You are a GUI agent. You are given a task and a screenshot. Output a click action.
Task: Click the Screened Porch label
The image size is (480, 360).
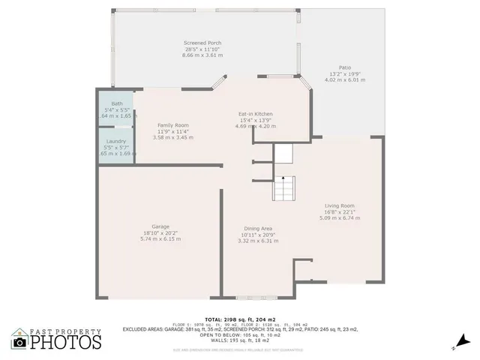(x=202, y=43)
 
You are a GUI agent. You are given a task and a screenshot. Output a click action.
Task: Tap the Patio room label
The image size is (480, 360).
(x=345, y=67)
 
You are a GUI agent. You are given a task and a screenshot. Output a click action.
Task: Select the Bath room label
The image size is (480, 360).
(x=117, y=103)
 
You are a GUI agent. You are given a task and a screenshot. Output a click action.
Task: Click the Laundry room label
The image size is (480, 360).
(x=116, y=141)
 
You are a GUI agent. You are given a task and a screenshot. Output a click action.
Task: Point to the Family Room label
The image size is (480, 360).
(x=172, y=125)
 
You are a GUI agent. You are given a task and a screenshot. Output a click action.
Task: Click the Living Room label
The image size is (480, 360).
(x=340, y=205)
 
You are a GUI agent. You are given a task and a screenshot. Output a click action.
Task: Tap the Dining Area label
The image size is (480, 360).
(x=258, y=228)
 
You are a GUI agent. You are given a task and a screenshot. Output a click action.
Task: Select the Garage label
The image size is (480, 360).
(x=160, y=226)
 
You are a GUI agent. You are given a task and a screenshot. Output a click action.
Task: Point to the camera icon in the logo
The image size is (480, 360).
(x=20, y=342)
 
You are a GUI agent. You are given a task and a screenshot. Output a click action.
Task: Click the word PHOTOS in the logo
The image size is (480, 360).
(x=66, y=343)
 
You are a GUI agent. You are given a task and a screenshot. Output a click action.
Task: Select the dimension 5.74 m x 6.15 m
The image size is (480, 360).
(x=160, y=239)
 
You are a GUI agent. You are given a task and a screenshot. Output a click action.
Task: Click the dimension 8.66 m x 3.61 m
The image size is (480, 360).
(x=202, y=56)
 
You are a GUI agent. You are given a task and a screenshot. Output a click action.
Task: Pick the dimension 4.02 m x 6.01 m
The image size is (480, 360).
(x=345, y=79)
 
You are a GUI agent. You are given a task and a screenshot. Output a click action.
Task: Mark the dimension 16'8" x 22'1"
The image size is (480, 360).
(x=340, y=212)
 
